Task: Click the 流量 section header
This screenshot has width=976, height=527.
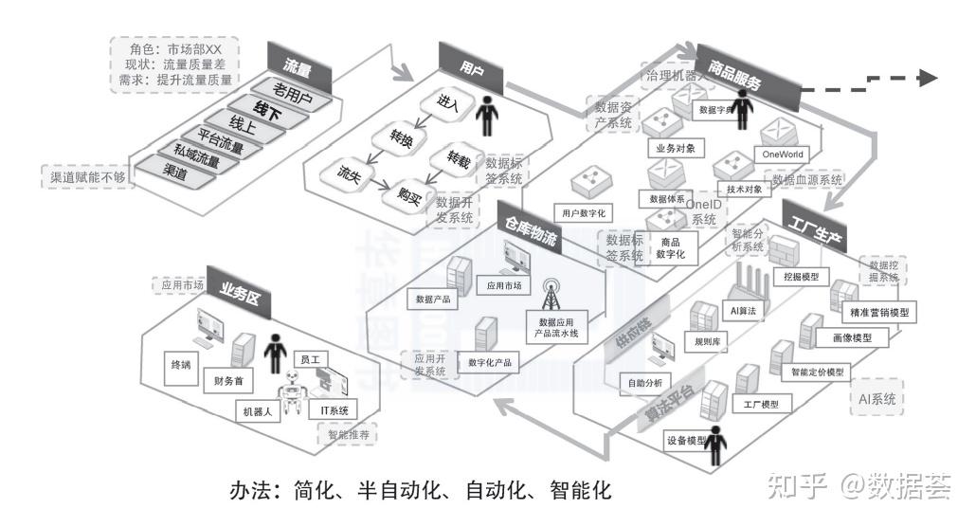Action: pos(298,68)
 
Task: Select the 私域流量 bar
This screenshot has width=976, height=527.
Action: pos(196,155)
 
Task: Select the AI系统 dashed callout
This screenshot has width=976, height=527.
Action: pos(877,400)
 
